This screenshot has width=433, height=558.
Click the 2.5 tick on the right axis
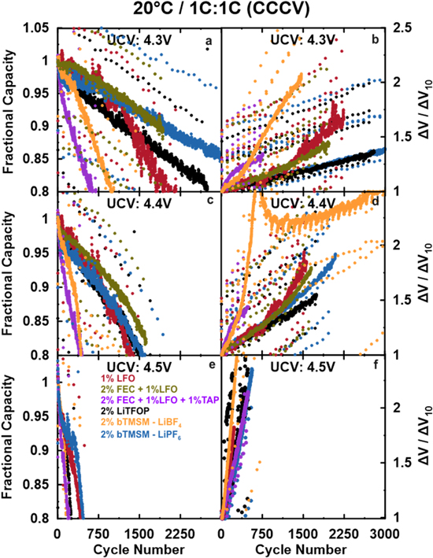click(400, 28)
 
